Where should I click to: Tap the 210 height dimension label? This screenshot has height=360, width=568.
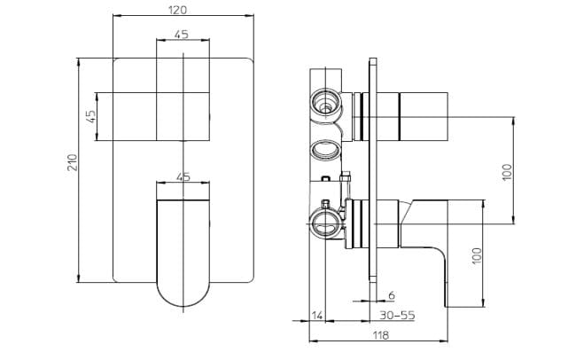(74, 161)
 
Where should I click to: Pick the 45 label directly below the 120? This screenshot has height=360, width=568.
(183, 35)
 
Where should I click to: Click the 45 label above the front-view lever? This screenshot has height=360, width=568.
(183, 176)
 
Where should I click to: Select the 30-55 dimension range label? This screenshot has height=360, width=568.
(396, 316)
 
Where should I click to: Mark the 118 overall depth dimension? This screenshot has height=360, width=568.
(380, 335)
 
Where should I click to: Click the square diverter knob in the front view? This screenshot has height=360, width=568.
(184, 115)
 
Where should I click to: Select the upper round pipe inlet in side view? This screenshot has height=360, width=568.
(326, 106)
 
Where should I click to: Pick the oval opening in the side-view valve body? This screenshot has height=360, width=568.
(325, 150)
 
